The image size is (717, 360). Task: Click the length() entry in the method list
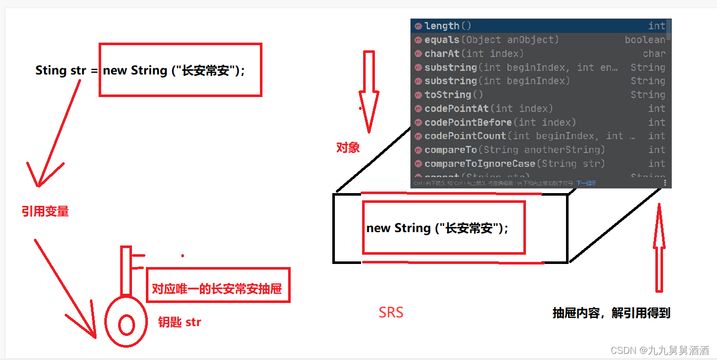[x=447, y=26]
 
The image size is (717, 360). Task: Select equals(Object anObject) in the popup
[x=491, y=40]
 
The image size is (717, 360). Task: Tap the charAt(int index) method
[x=474, y=53]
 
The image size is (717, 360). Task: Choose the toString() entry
[x=454, y=94]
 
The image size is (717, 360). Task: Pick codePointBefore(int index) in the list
[x=500, y=122]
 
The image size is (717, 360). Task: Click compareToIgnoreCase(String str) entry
[x=514, y=163]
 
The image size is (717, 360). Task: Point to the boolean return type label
[x=645, y=40]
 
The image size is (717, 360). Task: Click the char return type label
[x=654, y=53]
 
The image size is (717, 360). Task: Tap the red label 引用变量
[x=45, y=211]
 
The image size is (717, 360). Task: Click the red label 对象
[x=348, y=148]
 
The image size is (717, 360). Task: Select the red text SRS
[x=391, y=312]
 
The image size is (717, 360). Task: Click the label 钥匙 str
[x=179, y=323]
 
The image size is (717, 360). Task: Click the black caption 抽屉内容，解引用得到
[x=611, y=313]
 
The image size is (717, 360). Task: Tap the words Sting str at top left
[x=61, y=70]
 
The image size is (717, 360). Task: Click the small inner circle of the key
[x=126, y=325]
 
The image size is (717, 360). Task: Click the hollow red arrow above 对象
[x=368, y=98]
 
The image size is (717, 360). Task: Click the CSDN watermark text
[x=659, y=350]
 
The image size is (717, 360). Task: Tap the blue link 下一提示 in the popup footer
[x=586, y=183]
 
